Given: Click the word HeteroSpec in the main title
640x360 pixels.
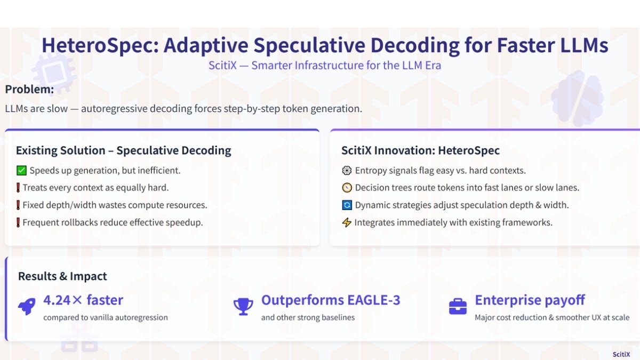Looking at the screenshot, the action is pyautogui.click(x=100, y=46).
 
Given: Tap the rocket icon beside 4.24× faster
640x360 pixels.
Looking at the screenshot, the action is pyautogui.click(x=27, y=306).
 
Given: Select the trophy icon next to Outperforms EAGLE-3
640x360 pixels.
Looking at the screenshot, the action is pyautogui.click(x=243, y=307).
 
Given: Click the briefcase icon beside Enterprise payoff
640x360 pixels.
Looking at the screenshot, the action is pyautogui.click(x=458, y=307).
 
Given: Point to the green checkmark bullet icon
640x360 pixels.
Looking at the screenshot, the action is pyautogui.click(x=21, y=171).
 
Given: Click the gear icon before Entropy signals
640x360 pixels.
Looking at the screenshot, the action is pyautogui.click(x=347, y=171).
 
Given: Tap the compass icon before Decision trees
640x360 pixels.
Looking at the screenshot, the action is pyautogui.click(x=347, y=188).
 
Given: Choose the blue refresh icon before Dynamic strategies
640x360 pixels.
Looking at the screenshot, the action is pyautogui.click(x=347, y=205).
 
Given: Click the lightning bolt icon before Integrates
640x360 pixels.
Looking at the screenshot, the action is pyautogui.click(x=347, y=222).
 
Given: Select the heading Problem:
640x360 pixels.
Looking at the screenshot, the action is pyautogui.click(x=29, y=90).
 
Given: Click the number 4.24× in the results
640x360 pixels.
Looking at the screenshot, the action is pyautogui.click(x=62, y=300).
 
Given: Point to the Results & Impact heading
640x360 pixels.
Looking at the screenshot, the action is pyautogui.click(x=62, y=276).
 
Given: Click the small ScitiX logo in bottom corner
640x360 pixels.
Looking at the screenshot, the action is pyautogui.click(x=621, y=354).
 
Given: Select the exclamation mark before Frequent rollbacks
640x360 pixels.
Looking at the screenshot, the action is pyautogui.click(x=18, y=222).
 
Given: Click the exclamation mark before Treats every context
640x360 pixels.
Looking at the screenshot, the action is pyautogui.click(x=18, y=188).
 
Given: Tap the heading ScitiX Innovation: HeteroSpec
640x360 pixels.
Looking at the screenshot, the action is pyautogui.click(x=421, y=150).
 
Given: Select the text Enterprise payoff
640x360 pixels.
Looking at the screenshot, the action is pyautogui.click(x=530, y=300).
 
